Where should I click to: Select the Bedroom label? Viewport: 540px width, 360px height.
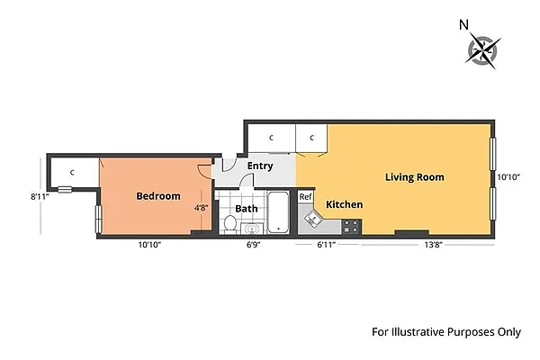[x=157, y=196]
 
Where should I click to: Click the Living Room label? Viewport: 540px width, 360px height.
[x=414, y=177]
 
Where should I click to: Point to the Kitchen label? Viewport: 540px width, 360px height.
[x=344, y=205]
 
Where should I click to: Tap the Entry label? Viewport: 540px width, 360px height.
[x=259, y=166]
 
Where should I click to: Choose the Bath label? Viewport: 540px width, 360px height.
[x=246, y=209]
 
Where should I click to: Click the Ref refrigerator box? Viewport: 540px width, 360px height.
[x=305, y=197]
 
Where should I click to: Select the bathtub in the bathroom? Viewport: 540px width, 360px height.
[x=278, y=212]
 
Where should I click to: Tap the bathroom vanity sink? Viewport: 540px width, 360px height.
[x=250, y=228]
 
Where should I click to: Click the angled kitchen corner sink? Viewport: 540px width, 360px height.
[x=314, y=218]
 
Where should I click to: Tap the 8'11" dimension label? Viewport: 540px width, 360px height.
[x=39, y=195]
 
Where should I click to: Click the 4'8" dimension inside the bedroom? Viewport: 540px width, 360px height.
[x=202, y=208]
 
